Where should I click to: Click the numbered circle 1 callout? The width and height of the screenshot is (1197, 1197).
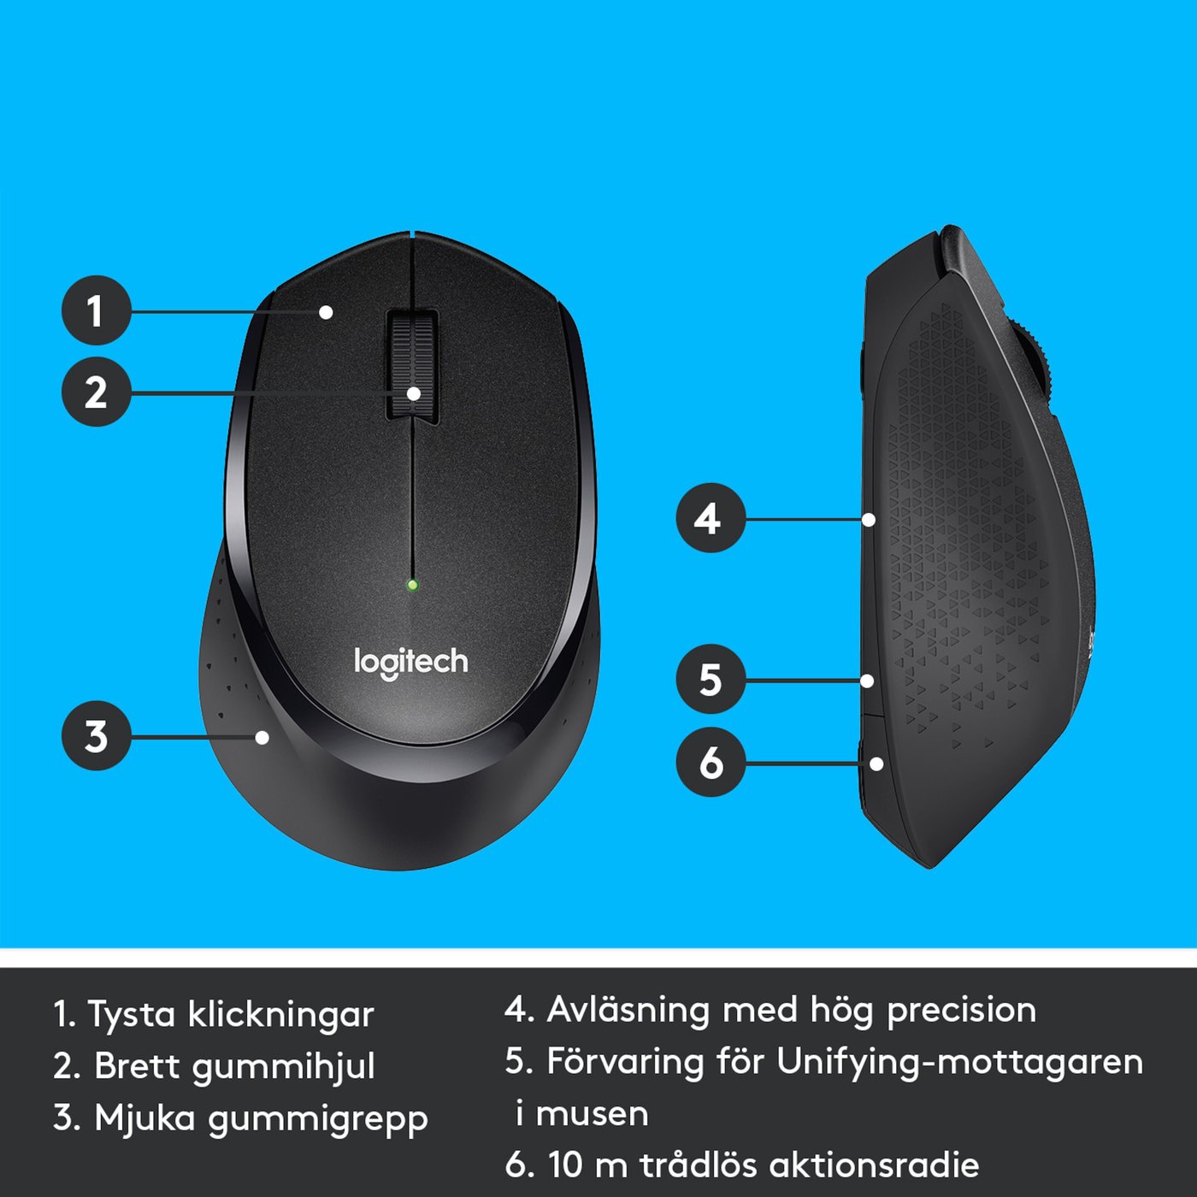[96, 310]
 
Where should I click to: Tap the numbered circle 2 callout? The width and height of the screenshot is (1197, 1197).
[96, 392]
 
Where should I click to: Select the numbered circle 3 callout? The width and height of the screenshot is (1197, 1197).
[96, 736]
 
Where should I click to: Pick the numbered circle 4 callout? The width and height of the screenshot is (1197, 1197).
[711, 518]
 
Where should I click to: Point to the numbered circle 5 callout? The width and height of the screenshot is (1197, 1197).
[711, 680]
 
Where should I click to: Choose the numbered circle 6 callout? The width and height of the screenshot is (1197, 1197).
[711, 762]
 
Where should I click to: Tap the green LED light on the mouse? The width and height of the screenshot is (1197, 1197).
[412, 586]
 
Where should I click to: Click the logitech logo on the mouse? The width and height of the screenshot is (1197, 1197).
[411, 663]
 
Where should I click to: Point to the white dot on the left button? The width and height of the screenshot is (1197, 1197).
[326, 312]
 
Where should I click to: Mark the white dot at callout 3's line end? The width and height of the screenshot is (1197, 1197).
[262, 737]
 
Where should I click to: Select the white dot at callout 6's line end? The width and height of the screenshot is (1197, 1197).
[876, 764]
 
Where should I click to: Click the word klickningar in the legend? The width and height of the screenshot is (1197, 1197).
[280, 1015]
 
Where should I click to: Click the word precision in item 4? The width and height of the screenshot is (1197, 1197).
[961, 1011]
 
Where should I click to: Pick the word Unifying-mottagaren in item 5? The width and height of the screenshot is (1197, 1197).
[959, 1063]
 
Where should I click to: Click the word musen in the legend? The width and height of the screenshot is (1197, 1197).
[592, 1114]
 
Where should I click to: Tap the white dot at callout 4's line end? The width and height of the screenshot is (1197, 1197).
[869, 519]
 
